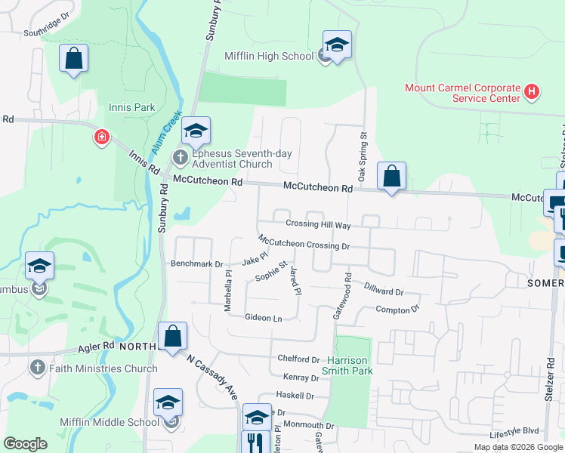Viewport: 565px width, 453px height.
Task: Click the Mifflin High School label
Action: pos(268,56)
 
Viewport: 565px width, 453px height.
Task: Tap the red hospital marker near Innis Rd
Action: pos(101,137)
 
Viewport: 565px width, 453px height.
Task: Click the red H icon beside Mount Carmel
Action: pos(532,92)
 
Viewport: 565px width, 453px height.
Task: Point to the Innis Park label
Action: pos(132,107)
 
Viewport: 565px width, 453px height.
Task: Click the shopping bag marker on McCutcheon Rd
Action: pos(391,177)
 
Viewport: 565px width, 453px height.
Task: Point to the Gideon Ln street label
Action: pos(263,319)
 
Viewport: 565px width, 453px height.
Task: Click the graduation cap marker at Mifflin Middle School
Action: pos(168,403)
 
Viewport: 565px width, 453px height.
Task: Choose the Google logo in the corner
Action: pos(25,444)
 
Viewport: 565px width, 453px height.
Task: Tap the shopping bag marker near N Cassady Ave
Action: pos(172,335)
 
